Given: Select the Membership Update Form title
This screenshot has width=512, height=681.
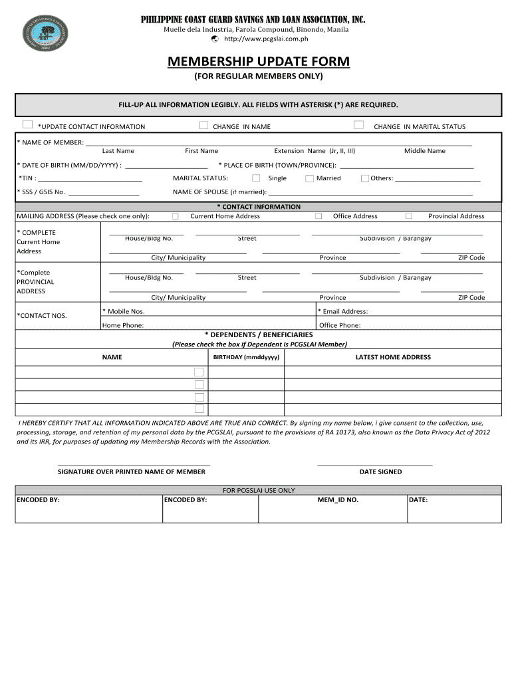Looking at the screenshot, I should [258, 62].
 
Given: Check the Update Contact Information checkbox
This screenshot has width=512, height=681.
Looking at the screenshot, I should [27, 124].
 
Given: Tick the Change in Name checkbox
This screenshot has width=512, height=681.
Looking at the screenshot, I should [203, 124].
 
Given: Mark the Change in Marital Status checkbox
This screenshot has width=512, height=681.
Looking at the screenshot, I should [358, 124].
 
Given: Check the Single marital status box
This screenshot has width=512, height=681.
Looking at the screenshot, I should [256, 178].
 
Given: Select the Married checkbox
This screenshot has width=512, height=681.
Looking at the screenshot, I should [309, 178].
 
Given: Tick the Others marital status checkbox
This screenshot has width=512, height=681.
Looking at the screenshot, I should [364, 178].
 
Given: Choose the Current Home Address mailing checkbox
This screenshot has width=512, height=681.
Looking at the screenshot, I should [176, 216].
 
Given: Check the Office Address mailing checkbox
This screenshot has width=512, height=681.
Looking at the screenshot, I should [319, 216].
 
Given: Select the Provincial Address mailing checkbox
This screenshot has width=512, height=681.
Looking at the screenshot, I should [409, 215].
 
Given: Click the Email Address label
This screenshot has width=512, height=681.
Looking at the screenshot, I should [343, 311].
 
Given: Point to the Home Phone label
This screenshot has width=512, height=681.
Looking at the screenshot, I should [123, 325].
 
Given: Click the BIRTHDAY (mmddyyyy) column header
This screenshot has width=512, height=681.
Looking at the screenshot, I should [247, 357].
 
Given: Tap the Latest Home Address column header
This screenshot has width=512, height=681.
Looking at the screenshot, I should [393, 357].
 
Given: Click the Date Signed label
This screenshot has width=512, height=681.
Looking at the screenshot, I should [380, 472].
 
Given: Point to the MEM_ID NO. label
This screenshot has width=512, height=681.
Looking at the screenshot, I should [338, 499].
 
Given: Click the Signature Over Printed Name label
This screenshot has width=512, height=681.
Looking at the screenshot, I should [132, 472].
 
